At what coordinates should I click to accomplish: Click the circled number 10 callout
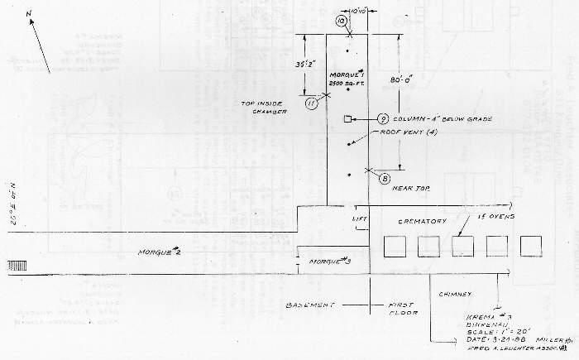click(x=341, y=20)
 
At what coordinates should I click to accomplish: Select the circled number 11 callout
click(x=311, y=103)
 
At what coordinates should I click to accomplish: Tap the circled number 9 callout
click(x=384, y=119)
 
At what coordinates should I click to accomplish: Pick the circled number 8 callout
click(x=385, y=177)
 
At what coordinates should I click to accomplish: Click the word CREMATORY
click(x=422, y=222)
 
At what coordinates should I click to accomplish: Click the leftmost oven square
click(x=394, y=247)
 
